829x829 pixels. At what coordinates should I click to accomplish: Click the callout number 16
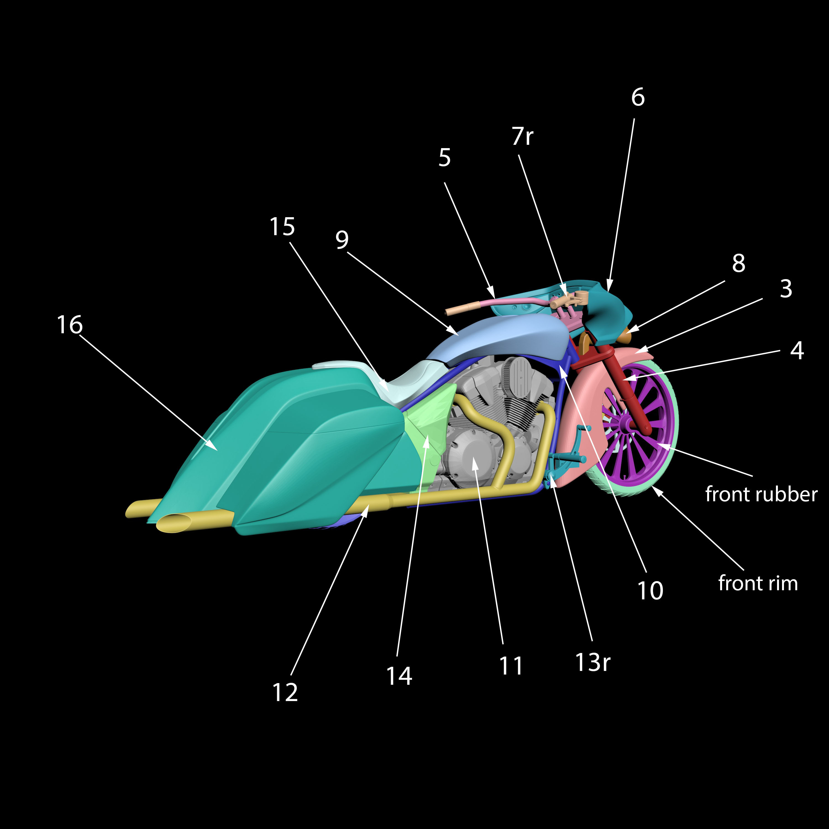pyautogui.click(x=70, y=325)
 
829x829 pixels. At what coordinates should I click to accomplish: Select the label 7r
pyautogui.click(x=522, y=137)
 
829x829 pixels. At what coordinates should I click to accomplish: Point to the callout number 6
pyautogui.click(x=638, y=97)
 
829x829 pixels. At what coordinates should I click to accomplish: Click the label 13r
pyautogui.click(x=592, y=662)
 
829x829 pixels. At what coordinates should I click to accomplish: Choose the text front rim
pyautogui.click(x=758, y=583)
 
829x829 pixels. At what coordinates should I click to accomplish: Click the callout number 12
pyautogui.click(x=285, y=692)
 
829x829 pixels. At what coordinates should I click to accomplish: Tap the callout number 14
pyautogui.click(x=399, y=676)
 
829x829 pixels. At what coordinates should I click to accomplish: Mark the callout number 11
pyautogui.click(x=511, y=666)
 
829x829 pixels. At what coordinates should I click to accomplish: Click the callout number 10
pyautogui.click(x=650, y=591)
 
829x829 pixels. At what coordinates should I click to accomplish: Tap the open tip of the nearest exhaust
pyautogui.click(x=174, y=523)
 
